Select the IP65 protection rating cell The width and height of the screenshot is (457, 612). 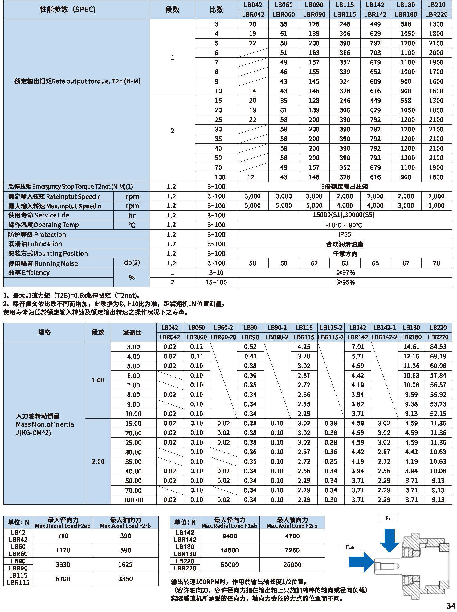coord(345,234)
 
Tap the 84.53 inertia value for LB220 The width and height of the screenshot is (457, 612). coord(438,347)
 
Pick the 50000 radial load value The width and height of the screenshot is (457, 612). coord(230,564)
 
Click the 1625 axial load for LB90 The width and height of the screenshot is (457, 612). coord(125,564)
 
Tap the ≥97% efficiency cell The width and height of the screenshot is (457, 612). coord(345,273)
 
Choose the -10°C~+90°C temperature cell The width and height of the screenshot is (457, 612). coord(345,225)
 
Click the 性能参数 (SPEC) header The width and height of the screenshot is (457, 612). coord(67,10)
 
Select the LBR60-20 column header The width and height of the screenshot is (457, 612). coord(223,337)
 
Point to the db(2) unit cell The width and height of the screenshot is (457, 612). coord(132,263)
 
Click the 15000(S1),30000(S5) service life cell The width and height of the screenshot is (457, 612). coord(345,215)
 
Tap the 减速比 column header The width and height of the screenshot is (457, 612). coord(133,332)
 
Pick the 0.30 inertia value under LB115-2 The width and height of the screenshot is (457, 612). coord(331,500)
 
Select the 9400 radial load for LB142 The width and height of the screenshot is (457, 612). coord(230,536)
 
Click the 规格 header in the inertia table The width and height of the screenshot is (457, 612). coord(44,332)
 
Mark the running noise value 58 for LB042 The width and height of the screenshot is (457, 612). coord(253,263)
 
